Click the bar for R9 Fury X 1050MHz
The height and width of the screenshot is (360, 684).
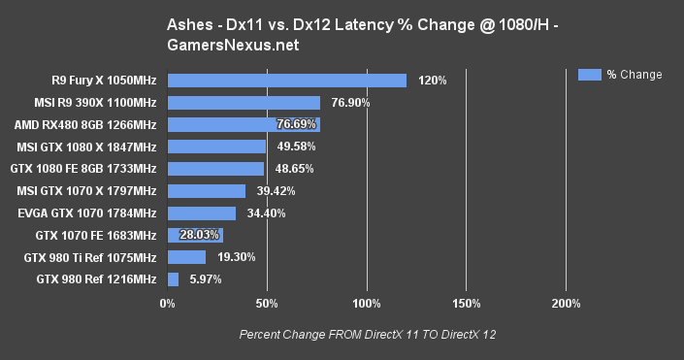286,81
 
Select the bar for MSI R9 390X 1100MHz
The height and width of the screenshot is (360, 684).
244,102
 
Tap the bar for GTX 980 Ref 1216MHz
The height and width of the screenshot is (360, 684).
173,279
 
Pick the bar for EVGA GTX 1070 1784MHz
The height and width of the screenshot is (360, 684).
202,213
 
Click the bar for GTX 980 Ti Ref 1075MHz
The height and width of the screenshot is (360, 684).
186,257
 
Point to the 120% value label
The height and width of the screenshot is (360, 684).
432,81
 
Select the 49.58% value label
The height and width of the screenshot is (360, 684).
295,147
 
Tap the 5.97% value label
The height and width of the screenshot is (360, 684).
205,279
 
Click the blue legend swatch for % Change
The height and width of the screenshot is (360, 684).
589,74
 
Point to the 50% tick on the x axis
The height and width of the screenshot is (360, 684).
267,305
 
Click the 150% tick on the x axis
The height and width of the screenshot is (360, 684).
467,305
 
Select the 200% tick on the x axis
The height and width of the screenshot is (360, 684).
566,305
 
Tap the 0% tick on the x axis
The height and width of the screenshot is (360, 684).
168,305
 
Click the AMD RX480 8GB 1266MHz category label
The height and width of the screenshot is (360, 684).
85,124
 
